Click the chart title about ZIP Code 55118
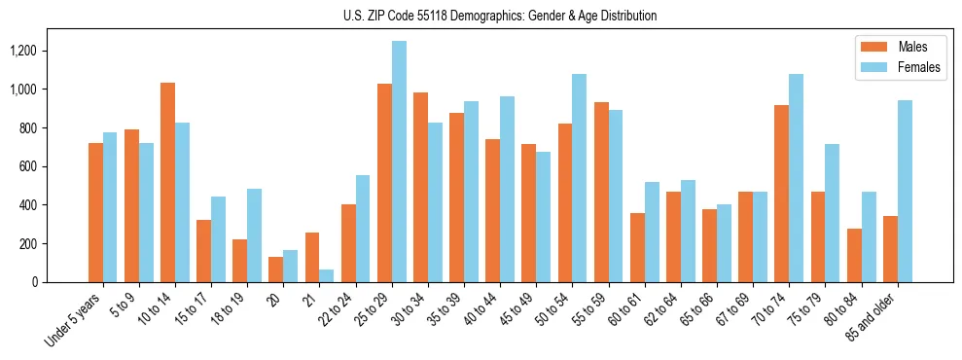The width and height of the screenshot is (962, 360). coord(500,16)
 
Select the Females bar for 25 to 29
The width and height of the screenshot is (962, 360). coord(399,162)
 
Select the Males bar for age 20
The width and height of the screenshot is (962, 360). coord(276,270)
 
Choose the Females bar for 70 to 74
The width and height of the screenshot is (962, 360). coord(796,178)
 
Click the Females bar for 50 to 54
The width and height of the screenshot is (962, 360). coord(580,178)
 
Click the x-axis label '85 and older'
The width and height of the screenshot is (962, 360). coord(875,316)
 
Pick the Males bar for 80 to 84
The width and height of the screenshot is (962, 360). coord(854,256)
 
